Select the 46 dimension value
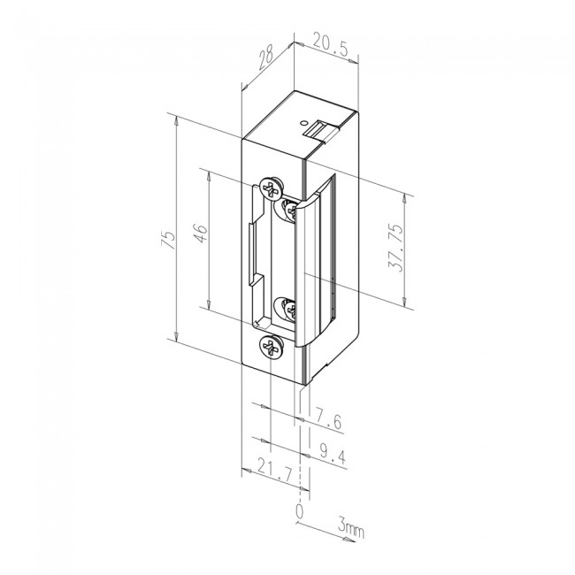pyautogui.click(x=201, y=236)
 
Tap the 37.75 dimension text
pyautogui.click(x=410, y=251)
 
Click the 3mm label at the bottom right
pyautogui.click(x=351, y=530)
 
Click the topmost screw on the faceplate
pyautogui.click(x=272, y=188)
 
